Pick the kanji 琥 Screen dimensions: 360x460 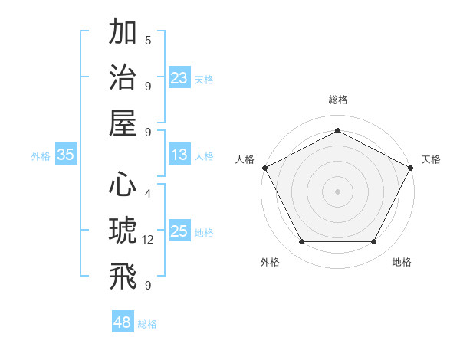123,231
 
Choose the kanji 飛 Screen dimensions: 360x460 123,276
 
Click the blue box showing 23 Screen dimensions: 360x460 179,77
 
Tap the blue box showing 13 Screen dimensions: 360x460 179,155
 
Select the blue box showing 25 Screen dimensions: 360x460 179,231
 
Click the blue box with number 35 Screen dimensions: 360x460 66,155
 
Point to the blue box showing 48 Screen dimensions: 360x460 123,322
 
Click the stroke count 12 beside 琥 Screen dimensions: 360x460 148,241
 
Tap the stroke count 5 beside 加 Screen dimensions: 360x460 148,40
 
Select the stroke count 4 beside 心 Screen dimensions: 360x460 148,195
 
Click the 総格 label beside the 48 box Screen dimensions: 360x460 147,324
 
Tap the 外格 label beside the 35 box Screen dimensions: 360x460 41,156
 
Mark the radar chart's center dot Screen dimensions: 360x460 338,191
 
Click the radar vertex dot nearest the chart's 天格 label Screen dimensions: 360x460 412,167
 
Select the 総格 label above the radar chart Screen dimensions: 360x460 338,100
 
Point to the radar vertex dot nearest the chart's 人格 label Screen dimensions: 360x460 264,167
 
